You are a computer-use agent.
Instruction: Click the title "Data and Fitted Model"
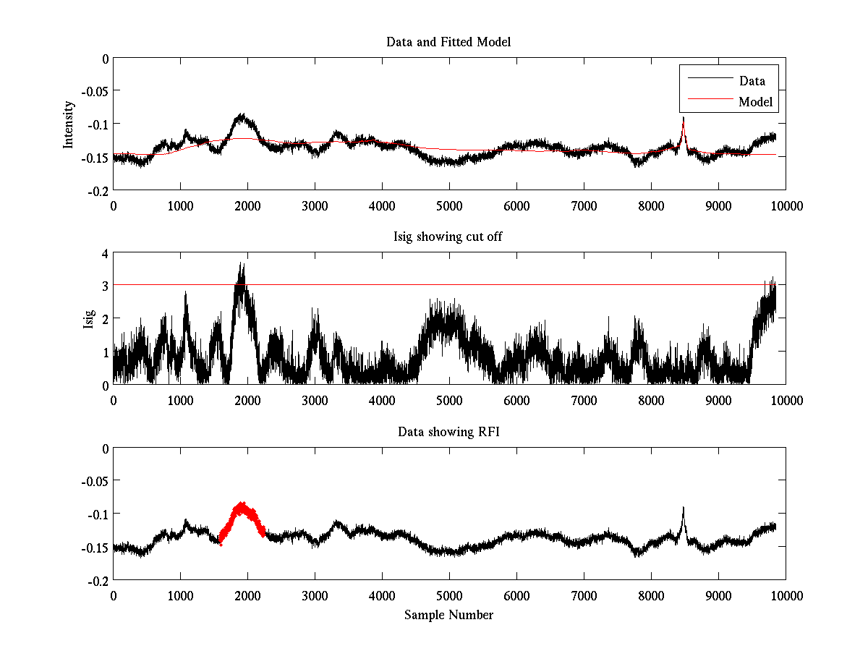pyautogui.click(x=448, y=42)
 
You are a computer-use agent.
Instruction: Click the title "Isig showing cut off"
pyautogui.click(x=448, y=237)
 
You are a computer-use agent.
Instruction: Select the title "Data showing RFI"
pyautogui.click(x=448, y=432)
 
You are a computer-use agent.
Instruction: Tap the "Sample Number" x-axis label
pyautogui.click(x=448, y=615)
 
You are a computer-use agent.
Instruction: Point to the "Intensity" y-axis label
pyautogui.click(x=69, y=124)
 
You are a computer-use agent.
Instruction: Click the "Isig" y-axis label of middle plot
pyautogui.click(x=88, y=319)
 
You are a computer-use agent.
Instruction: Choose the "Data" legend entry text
pyautogui.click(x=752, y=81)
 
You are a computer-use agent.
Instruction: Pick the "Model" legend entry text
pyautogui.click(x=755, y=102)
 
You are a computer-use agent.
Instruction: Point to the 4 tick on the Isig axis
pyautogui.click(x=105, y=254)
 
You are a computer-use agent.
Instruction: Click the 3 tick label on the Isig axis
pyautogui.click(x=105, y=286)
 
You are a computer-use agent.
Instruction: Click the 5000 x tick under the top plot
pyautogui.click(x=449, y=205)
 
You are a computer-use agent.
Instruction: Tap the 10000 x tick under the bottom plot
pyautogui.click(x=786, y=595)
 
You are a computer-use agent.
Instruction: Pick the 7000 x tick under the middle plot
pyautogui.click(x=584, y=401)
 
